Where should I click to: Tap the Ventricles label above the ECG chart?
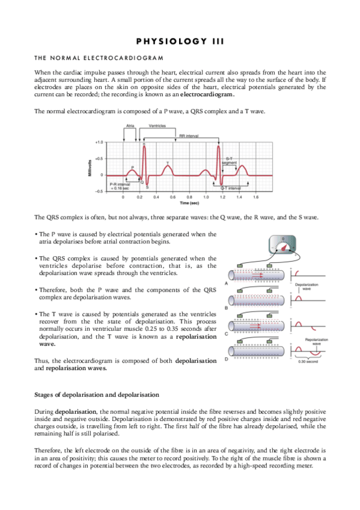158,126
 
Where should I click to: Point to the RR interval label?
190,136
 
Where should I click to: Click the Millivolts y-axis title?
90,167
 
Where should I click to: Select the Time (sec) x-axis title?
189,203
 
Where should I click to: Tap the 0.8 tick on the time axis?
189,197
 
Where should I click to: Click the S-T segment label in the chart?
229,160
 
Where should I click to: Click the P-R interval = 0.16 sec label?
120,186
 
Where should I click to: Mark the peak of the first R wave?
143,144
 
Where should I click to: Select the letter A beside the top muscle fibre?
225,283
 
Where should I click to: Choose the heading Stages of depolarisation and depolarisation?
97,395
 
